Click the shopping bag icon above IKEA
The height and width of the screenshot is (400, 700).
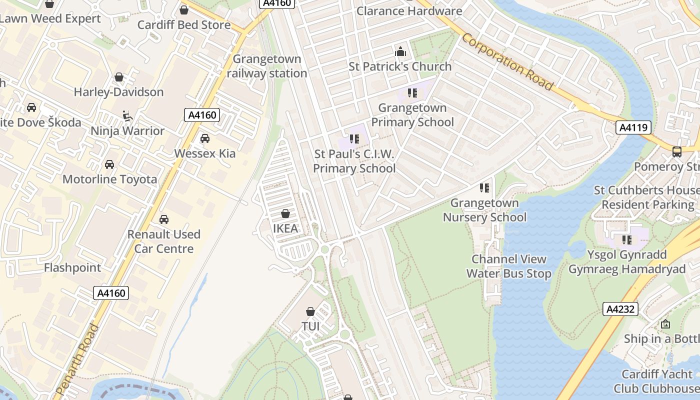tap(285, 214)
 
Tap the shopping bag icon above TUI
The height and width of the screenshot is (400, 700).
tap(310, 311)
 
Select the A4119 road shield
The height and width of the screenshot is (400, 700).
tap(633, 127)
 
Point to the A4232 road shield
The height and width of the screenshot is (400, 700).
tap(620, 309)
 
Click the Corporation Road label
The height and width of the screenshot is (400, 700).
tap(507, 62)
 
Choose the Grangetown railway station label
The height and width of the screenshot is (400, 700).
tap(267, 66)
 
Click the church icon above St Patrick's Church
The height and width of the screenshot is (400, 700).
tap(400, 51)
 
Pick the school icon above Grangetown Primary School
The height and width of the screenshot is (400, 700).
tap(412, 93)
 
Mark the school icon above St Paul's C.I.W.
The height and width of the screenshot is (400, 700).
tap(354, 139)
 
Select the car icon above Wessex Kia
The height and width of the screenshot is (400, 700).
tap(204, 138)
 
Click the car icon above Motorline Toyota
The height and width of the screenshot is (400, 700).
tap(109, 164)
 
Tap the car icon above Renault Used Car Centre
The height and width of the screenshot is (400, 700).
tap(163, 219)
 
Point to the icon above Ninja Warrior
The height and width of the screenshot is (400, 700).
tap(127, 116)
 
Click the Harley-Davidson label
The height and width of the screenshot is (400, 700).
tap(118, 92)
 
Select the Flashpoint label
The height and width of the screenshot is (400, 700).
tap(72, 267)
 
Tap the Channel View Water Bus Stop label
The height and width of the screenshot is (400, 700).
tap(509, 266)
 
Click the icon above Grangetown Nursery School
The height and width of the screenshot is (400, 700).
tap(484, 188)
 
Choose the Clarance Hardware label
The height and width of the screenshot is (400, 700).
tap(409, 10)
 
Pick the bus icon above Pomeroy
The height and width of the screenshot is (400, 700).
tap(677, 152)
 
